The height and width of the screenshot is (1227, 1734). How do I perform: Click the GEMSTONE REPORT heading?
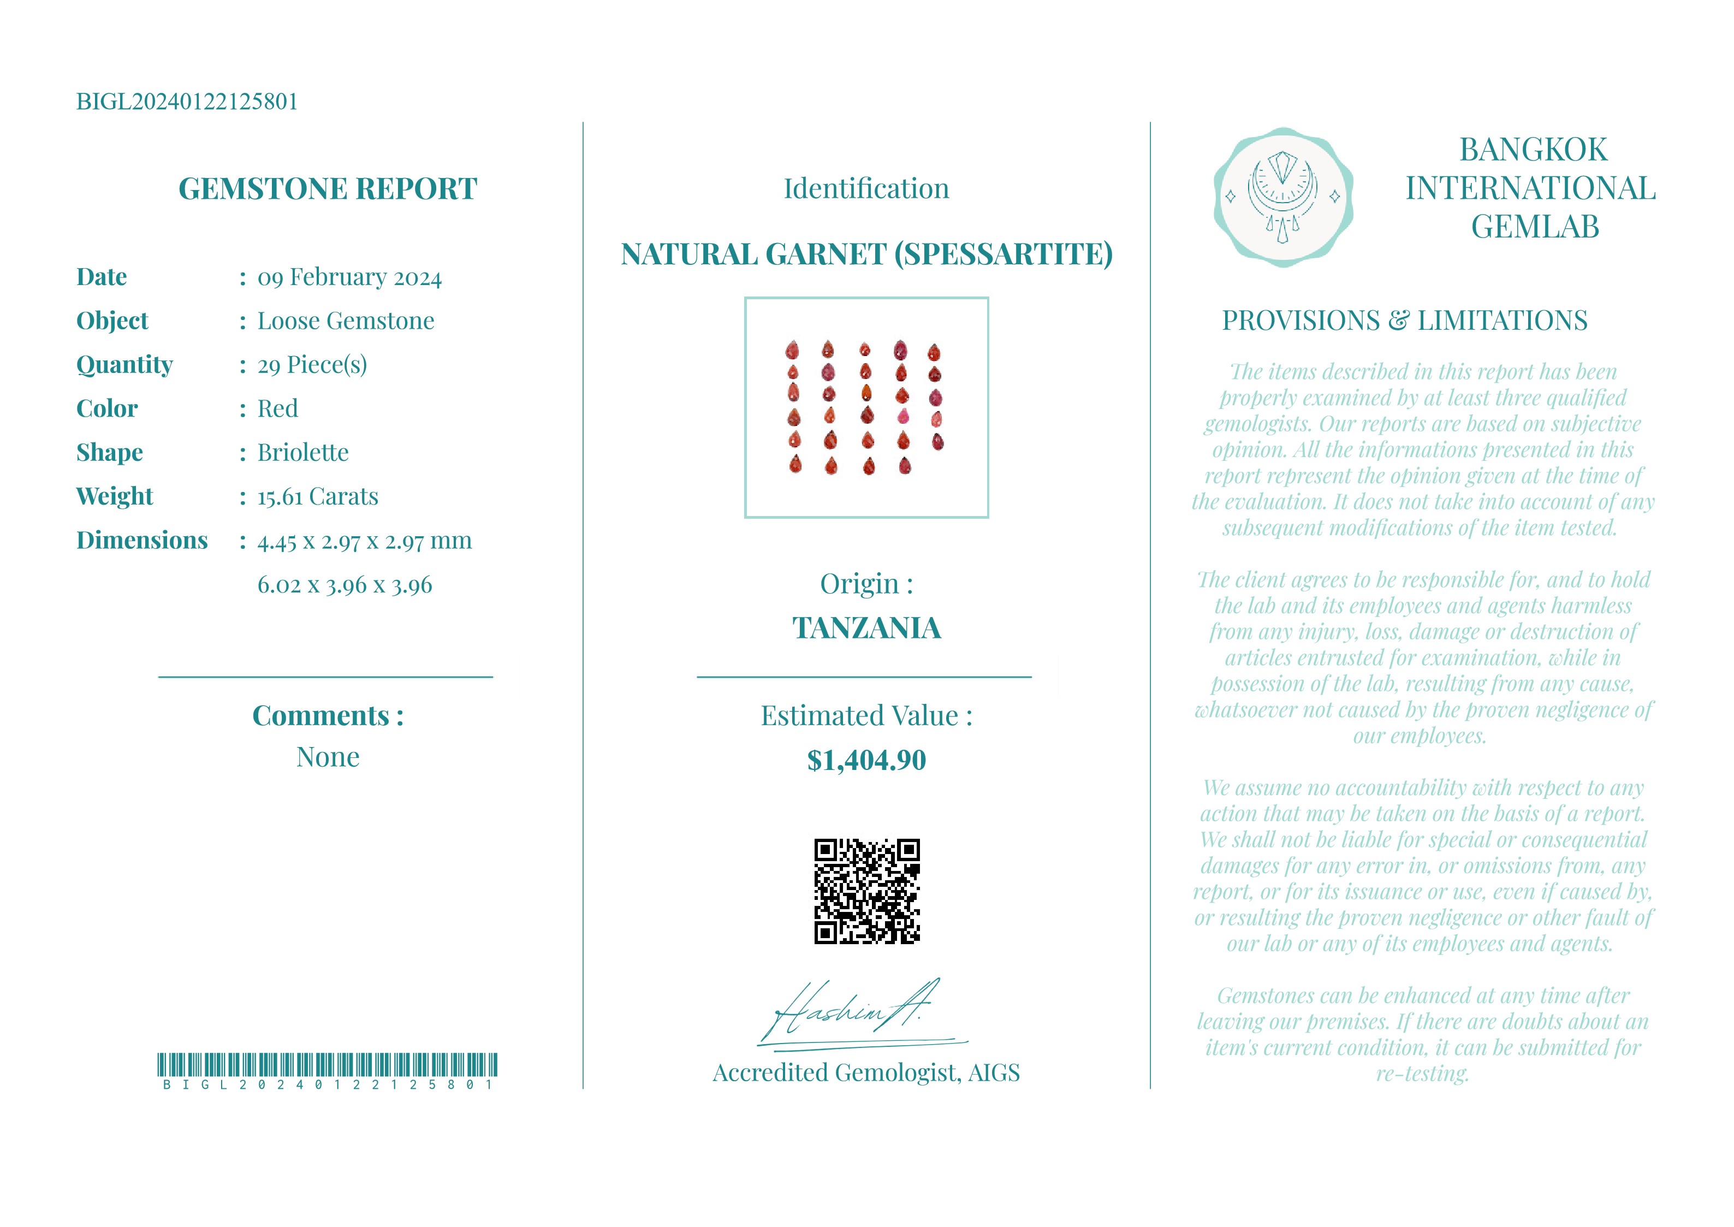click(x=327, y=189)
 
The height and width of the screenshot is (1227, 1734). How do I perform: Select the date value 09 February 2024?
click(x=349, y=277)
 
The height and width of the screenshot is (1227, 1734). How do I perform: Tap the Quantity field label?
click(x=124, y=364)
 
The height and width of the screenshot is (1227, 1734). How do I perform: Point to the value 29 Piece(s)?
click(x=312, y=365)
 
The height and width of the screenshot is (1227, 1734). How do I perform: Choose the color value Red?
click(x=277, y=409)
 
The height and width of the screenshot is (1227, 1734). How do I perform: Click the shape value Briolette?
click(x=303, y=453)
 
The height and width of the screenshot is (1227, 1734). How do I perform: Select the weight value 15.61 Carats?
click(x=317, y=496)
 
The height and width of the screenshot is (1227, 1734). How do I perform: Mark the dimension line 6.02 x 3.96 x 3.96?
click(x=345, y=585)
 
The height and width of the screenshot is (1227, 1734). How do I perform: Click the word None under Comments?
click(x=327, y=757)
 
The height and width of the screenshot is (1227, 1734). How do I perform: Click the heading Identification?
click(x=866, y=189)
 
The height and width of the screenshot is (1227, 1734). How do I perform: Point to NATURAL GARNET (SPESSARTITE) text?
click(x=866, y=254)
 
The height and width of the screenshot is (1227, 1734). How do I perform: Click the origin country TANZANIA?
click(x=866, y=628)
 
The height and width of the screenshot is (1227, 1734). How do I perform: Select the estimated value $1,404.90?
click(x=866, y=760)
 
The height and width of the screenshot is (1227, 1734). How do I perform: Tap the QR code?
click(x=866, y=892)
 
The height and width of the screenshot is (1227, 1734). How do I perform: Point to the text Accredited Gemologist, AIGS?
click(x=866, y=1073)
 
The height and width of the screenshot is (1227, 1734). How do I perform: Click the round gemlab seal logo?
click(x=1282, y=197)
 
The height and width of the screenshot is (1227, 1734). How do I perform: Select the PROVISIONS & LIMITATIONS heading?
click(x=1405, y=321)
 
